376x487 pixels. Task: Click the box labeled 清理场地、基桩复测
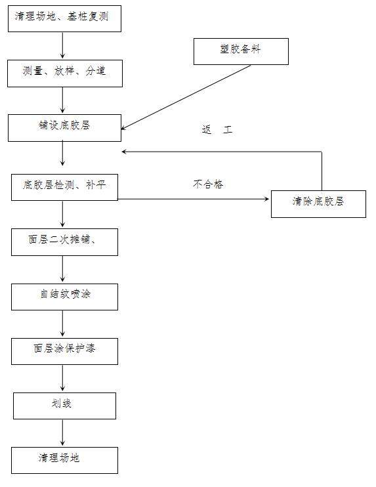pos(64,18)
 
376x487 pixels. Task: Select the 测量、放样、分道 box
pos(65,74)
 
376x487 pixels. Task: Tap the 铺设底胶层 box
pos(64,128)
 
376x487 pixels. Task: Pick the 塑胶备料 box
pos(241,52)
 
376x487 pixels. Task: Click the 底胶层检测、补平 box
pos(64,187)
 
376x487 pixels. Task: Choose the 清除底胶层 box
pos(318,204)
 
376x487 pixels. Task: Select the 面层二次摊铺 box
pos(64,242)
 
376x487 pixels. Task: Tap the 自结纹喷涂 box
pos(64,297)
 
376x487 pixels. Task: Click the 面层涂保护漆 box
pos(64,351)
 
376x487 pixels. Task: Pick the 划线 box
pos(64,406)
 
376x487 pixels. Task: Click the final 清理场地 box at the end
pos(64,460)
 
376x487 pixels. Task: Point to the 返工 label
pos(217,129)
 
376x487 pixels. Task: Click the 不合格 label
pos(208,184)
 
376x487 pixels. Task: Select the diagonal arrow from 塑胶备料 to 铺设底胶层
pos(186,97)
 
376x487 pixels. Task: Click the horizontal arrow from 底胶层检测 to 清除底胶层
pos(194,199)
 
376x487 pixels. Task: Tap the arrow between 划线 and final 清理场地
pos(63,433)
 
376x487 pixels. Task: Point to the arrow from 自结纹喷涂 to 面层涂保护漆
pos(63,324)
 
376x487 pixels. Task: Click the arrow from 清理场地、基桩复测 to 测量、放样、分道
pos(63,45)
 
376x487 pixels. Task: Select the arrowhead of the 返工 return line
pos(124,152)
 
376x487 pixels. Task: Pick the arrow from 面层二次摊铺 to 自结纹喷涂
pos(63,269)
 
